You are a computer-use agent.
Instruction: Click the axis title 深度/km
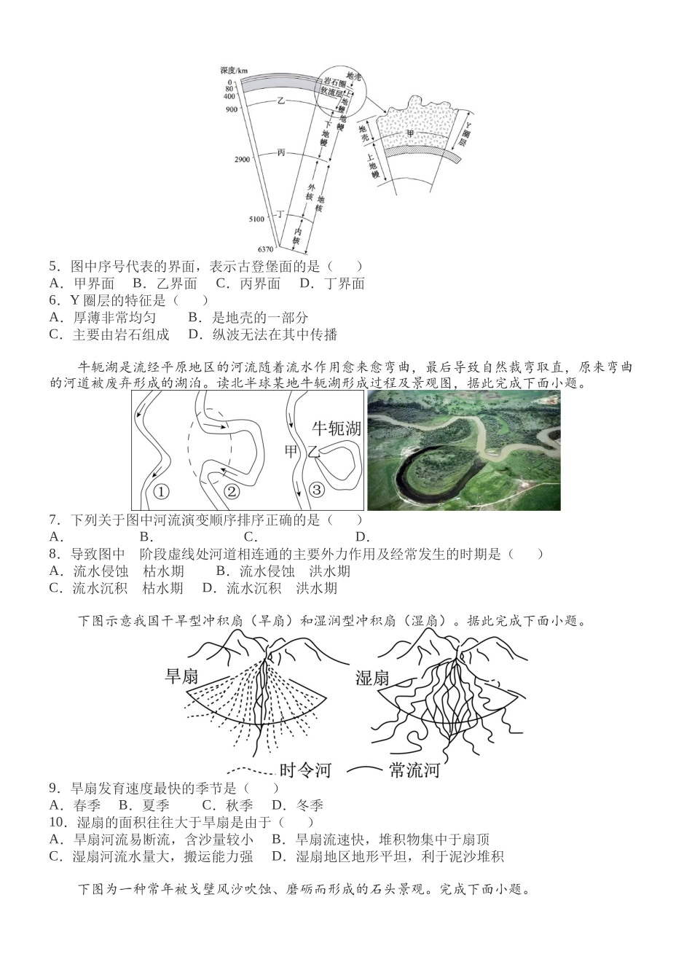tap(234, 71)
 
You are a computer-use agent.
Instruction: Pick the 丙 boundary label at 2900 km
tap(280, 152)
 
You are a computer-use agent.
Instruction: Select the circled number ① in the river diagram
tap(162, 490)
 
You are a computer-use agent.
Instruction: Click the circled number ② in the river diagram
tap(232, 490)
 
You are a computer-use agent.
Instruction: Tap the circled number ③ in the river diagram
tap(316, 489)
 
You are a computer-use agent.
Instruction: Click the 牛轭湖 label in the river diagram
tap(337, 429)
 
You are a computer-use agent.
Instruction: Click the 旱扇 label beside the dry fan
tap(182, 676)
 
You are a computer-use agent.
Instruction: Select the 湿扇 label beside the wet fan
tap(373, 678)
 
